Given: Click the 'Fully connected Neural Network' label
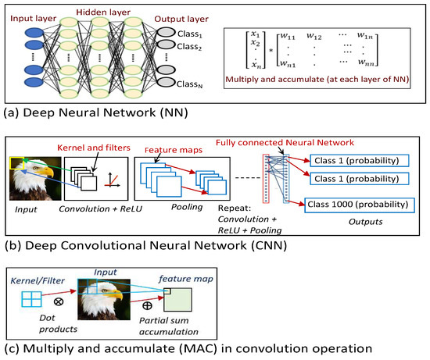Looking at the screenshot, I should [308, 144].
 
